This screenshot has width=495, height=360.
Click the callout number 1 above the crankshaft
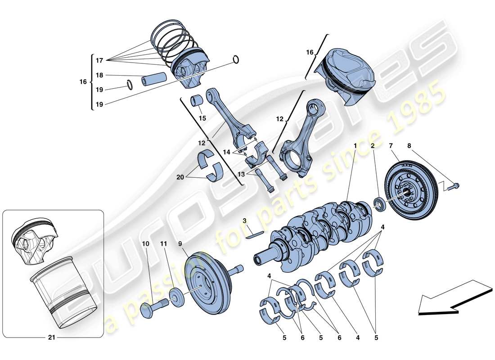coord(355,146)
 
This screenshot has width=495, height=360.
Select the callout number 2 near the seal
coord(373,146)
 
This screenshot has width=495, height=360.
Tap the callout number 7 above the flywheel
coord(391,146)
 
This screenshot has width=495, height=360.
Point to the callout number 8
coord(409,146)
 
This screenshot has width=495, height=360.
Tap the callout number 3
coord(244,221)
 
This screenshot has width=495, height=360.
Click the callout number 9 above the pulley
coord(180,244)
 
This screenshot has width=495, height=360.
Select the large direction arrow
coord(450,298)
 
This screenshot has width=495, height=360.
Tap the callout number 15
coord(202,118)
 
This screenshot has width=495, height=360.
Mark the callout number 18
coord(99,75)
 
